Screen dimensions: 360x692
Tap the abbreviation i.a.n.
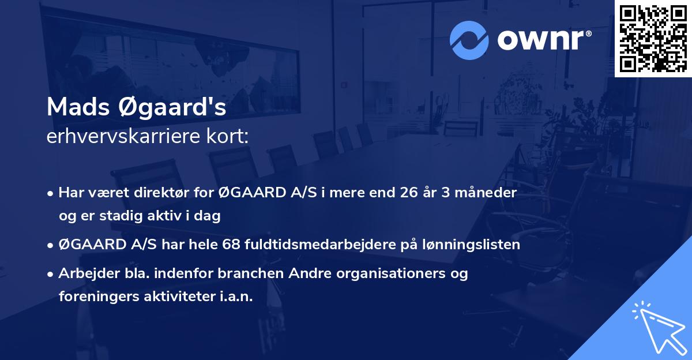click(236, 297)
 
